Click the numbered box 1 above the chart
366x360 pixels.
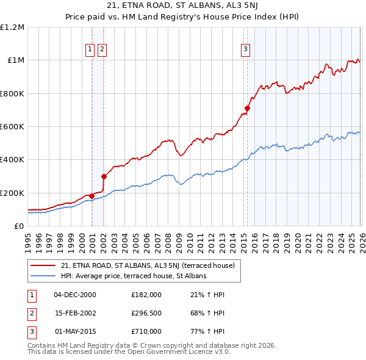coord(90,49)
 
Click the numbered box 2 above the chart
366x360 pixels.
coord(102,49)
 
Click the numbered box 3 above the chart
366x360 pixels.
coord(245,49)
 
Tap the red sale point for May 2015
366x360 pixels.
coord(247,109)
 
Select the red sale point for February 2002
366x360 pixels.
coord(104,177)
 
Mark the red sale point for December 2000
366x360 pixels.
coord(91,196)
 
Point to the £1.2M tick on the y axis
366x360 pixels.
coord(12,27)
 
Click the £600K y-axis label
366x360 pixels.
coord(12,127)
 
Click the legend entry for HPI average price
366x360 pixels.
coord(134,276)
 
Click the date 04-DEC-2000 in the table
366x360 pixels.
coord(75,295)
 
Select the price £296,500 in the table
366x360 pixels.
coord(146,314)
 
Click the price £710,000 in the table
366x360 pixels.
coord(146,332)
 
